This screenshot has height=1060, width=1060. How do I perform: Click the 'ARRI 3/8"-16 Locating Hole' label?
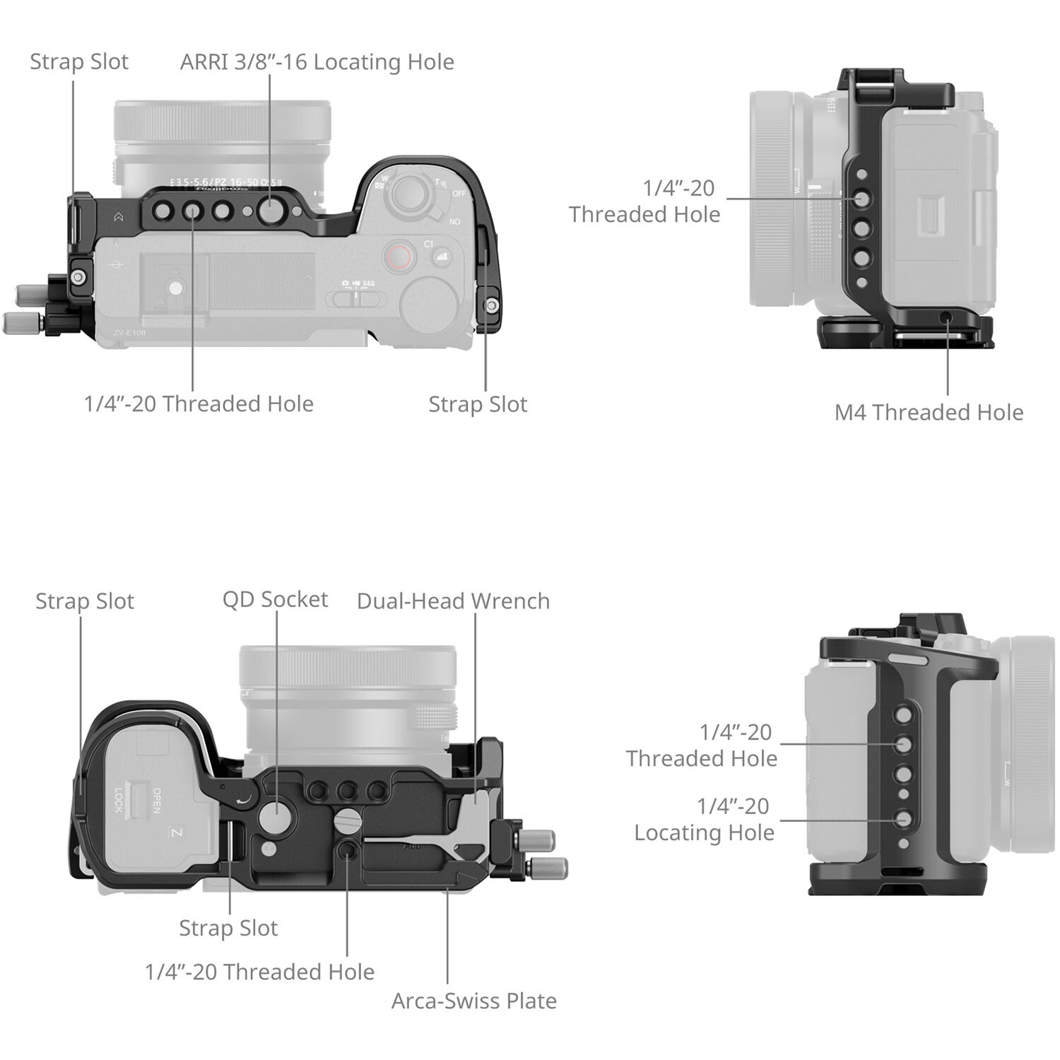click(x=317, y=62)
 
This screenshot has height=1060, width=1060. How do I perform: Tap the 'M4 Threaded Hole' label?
click(x=929, y=412)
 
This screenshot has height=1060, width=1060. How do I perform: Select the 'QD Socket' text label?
click(x=275, y=599)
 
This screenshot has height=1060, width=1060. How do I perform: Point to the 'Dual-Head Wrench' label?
click(x=453, y=601)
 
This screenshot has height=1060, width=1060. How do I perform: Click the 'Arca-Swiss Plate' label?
click(x=473, y=1001)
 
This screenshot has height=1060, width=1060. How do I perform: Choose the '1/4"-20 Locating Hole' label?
click(x=704, y=819)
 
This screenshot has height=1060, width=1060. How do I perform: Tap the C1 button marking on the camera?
click(x=429, y=244)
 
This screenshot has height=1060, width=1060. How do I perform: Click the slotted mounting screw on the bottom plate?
click(x=347, y=821)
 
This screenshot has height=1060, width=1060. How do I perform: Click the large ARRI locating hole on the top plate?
click(x=270, y=210)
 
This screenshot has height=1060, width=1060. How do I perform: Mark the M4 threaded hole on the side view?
click(x=947, y=319)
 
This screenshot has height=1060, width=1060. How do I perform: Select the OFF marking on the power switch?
click(x=459, y=193)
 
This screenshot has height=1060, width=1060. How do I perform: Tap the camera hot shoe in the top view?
click(x=173, y=288)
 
